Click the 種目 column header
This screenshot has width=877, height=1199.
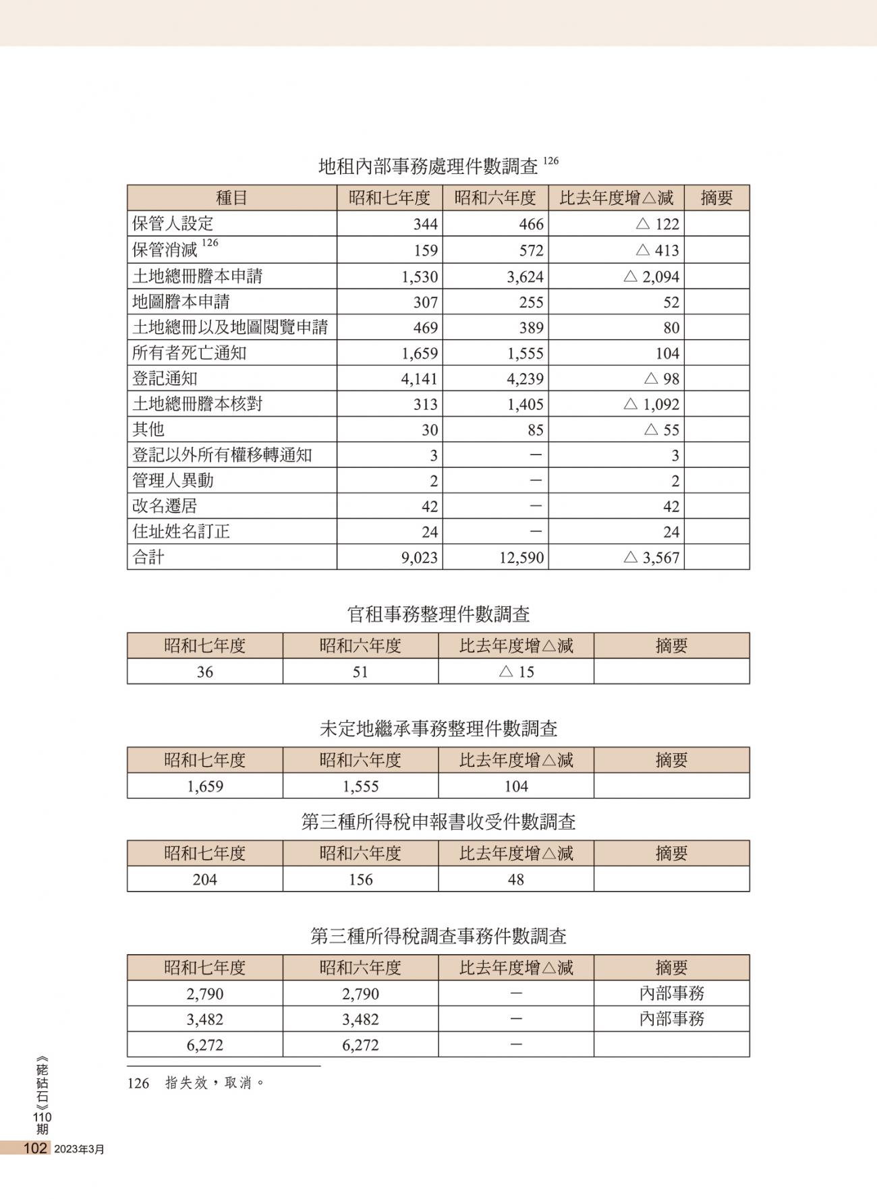click(231, 198)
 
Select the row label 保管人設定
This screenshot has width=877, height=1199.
click(173, 223)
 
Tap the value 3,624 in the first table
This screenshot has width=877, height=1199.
click(521, 276)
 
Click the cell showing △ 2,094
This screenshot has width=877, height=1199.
click(651, 276)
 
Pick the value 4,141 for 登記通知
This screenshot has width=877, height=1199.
click(419, 379)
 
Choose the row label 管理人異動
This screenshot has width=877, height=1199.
click(173, 481)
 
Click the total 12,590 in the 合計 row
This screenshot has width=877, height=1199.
click(521, 558)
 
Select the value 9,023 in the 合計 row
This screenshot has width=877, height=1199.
click(419, 558)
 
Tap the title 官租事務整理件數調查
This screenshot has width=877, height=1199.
click(438, 614)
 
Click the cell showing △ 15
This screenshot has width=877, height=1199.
click(516, 672)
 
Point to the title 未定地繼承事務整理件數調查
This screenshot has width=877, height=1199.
click(438, 729)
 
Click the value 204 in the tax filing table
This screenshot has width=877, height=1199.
click(205, 879)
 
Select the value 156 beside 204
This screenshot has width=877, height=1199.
click(360, 879)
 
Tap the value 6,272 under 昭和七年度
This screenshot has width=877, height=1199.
click(205, 1045)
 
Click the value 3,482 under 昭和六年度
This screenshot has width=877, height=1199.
click(360, 1020)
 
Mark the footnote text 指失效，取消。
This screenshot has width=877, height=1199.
click(215, 1083)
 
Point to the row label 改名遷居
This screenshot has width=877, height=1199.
click(165, 506)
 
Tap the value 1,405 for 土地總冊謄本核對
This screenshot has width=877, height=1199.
click(521, 405)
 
